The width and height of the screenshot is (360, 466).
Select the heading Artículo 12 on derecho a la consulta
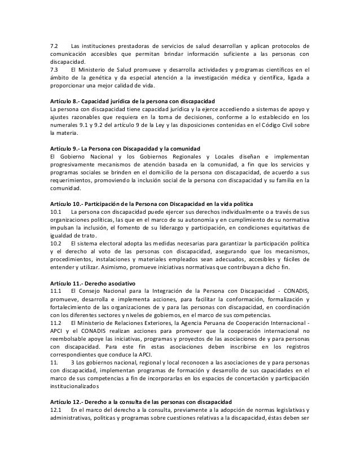(138, 400)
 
